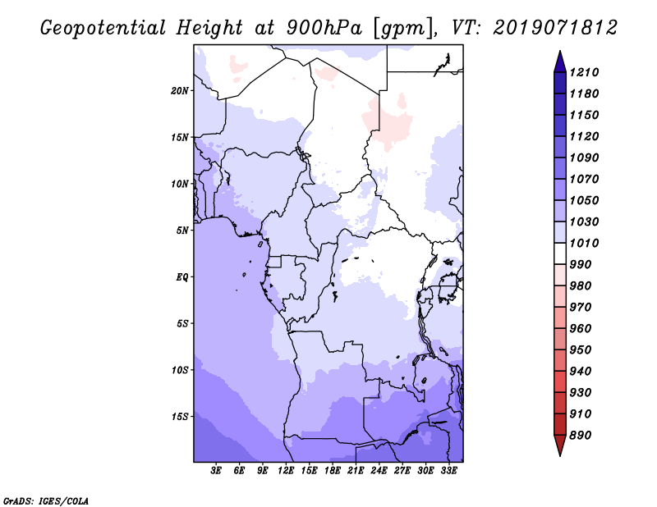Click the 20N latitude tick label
point(180,91)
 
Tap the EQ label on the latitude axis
point(181,277)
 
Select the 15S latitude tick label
point(180,417)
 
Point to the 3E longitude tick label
point(216,471)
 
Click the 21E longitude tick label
point(356,471)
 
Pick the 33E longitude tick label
point(448,471)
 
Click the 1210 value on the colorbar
point(584,72)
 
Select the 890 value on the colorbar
point(581,436)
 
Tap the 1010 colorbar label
point(584,243)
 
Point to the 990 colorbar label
point(581,265)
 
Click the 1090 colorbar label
point(584,158)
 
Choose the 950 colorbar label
point(581,350)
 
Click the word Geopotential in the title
point(103,29)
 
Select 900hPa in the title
point(324,28)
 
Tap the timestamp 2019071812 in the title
point(555,28)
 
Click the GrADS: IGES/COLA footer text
point(46,501)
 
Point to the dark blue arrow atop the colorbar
point(560,62)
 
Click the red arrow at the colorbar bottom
point(560,445)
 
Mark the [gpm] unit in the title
point(404,29)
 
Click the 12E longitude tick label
point(285,471)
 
